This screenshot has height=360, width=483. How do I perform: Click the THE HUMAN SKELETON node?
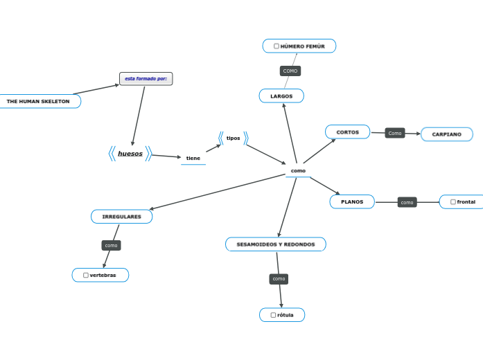tap(38, 101)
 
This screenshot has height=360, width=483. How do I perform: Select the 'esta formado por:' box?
tap(146, 79)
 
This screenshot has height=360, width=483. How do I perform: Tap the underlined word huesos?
tap(130, 154)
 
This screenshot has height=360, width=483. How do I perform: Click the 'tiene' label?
tap(193, 159)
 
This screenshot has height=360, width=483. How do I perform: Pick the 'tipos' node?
tap(233, 138)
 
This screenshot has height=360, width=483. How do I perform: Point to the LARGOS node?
tap(281, 96)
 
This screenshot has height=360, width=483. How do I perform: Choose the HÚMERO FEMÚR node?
tap(299, 46)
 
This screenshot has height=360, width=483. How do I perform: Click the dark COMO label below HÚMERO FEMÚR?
tap(290, 71)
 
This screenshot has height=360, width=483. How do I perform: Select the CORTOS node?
tap(347, 132)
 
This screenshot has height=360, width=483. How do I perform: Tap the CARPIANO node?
tap(446, 134)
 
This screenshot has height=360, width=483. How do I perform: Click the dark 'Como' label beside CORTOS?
tap(395, 133)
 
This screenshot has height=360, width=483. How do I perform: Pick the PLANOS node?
tap(352, 201)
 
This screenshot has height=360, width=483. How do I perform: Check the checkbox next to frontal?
tap(453, 202)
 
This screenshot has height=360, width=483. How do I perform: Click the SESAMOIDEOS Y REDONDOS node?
tap(276, 244)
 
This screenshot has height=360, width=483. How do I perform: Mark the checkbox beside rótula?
tap(273, 315)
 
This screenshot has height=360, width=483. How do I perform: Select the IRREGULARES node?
tap(121, 217)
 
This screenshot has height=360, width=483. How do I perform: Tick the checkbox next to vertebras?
tap(86, 276)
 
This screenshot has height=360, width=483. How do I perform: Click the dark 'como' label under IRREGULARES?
tap(111, 245)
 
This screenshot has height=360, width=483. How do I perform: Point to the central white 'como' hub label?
tap(298, 171)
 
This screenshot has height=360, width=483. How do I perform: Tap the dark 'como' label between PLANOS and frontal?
tap(407, 202)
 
